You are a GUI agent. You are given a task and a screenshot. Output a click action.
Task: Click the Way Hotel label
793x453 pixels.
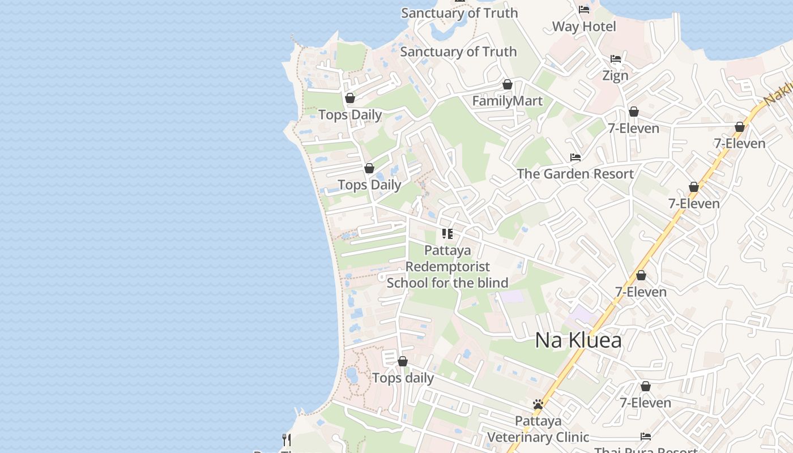[x=584, y=27]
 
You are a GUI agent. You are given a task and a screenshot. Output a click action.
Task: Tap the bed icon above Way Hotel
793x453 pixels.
[x=584, y=10]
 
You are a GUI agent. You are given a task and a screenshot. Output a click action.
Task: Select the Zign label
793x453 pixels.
[x=615, y=75]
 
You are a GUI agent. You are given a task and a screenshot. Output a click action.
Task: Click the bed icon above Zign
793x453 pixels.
[x=616, y=59]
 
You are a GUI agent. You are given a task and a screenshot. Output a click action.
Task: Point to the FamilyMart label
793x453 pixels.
[x=508, y=101]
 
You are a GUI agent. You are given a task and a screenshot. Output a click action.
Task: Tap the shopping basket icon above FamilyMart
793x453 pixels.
[x=508, y=84]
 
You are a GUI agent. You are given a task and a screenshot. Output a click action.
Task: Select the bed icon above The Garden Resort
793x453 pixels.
[x=575, y=157]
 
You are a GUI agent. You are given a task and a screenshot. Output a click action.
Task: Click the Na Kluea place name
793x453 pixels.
[x=578, y=340]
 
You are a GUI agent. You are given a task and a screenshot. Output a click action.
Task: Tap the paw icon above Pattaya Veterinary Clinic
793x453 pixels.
[x=538, y=404]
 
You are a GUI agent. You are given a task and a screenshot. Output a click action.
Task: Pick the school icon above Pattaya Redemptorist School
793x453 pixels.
[x=447, y=233]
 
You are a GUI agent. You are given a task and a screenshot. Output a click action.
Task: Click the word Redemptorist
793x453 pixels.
[x=447, y=266]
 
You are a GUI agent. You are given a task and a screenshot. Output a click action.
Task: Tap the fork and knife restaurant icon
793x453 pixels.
[x=287, y=439]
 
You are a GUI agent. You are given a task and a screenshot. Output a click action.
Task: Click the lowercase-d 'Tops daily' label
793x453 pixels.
[x=403, y=378]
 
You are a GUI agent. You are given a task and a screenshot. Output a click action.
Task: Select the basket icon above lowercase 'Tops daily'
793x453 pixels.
[x=403, y=361]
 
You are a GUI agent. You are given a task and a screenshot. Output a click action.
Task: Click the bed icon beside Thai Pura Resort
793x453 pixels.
[x=645, y=436]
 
